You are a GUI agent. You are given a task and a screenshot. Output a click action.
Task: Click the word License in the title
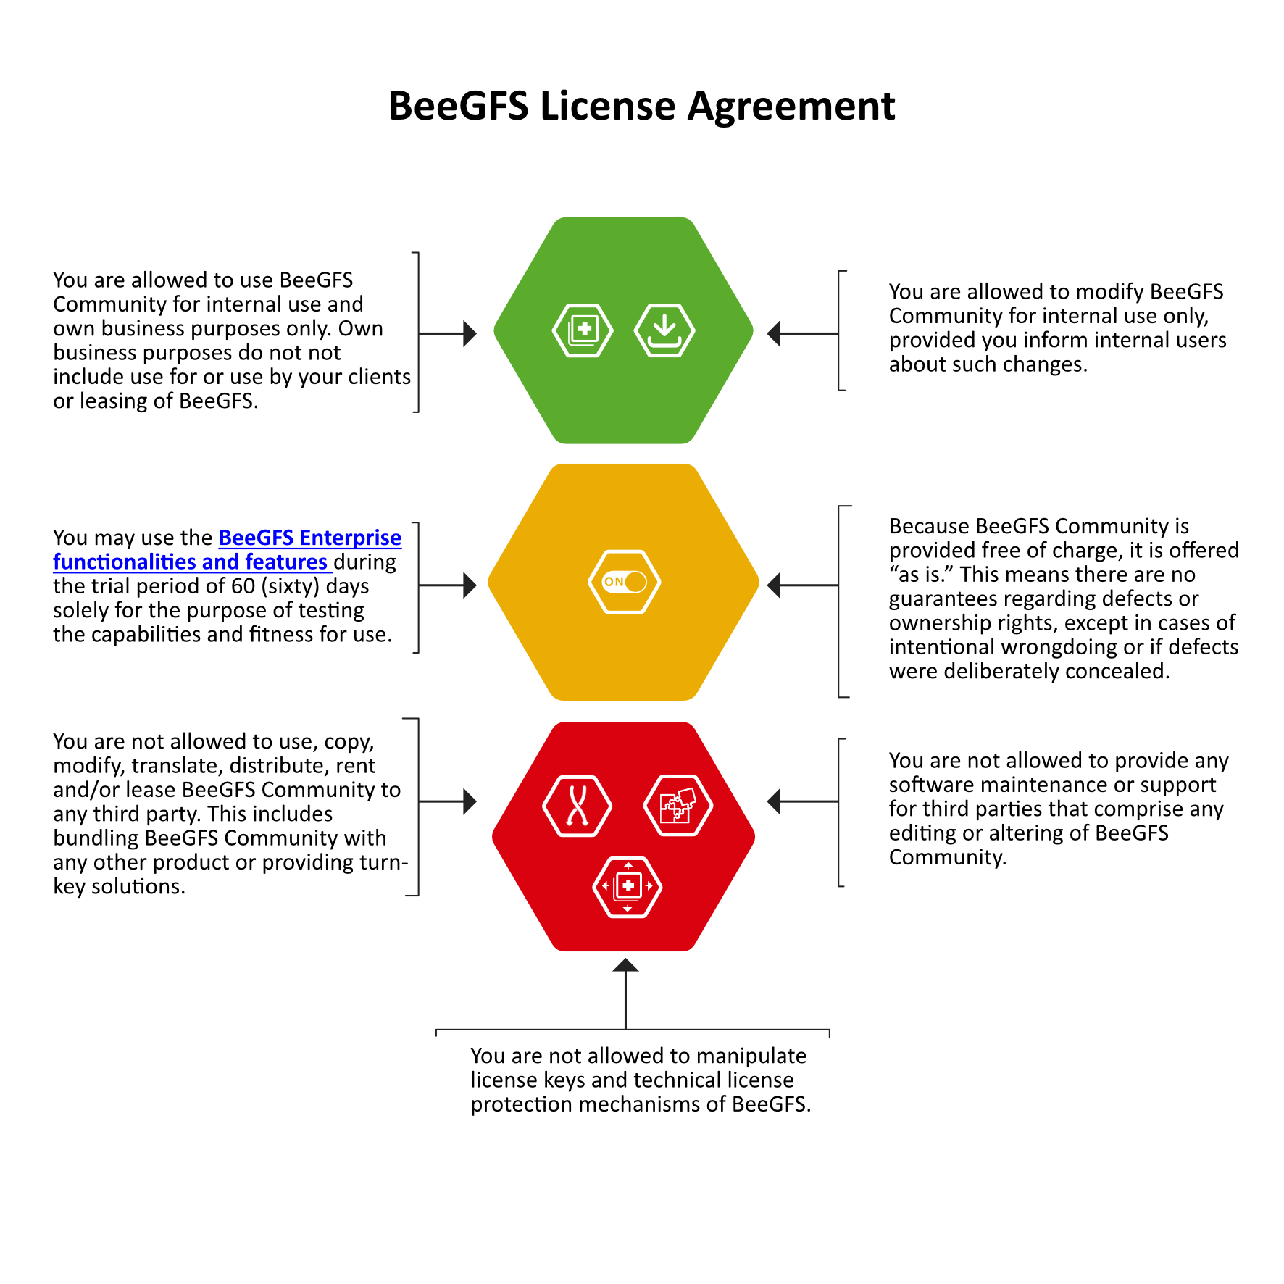click(608, 106)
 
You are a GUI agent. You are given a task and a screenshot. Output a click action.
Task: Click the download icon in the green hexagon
click(664, 330)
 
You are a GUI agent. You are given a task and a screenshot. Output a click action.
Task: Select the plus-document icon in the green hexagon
click(583, 330)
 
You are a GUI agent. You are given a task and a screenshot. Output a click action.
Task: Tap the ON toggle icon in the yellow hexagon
click(624, 582)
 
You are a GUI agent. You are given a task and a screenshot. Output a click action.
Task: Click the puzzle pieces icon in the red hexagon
click(678, 805)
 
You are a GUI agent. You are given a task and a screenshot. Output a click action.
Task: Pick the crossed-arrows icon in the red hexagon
click(578, 806)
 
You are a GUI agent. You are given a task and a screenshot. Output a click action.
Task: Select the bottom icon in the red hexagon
click(628, 886)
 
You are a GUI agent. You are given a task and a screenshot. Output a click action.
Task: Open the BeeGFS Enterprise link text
click(309, 538)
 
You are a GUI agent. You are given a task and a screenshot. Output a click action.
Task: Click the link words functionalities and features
click(190, 562)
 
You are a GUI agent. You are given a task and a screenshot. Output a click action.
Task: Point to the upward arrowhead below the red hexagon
click(625, 965)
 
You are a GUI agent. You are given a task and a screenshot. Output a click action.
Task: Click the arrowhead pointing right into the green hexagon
click(470, 333)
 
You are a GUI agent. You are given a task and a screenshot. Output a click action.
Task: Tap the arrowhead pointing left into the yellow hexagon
click(774, 585)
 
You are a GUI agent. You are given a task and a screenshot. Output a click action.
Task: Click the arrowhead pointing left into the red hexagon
click(774, 801)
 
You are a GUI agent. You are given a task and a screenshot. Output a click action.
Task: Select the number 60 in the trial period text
click(243, 586)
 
